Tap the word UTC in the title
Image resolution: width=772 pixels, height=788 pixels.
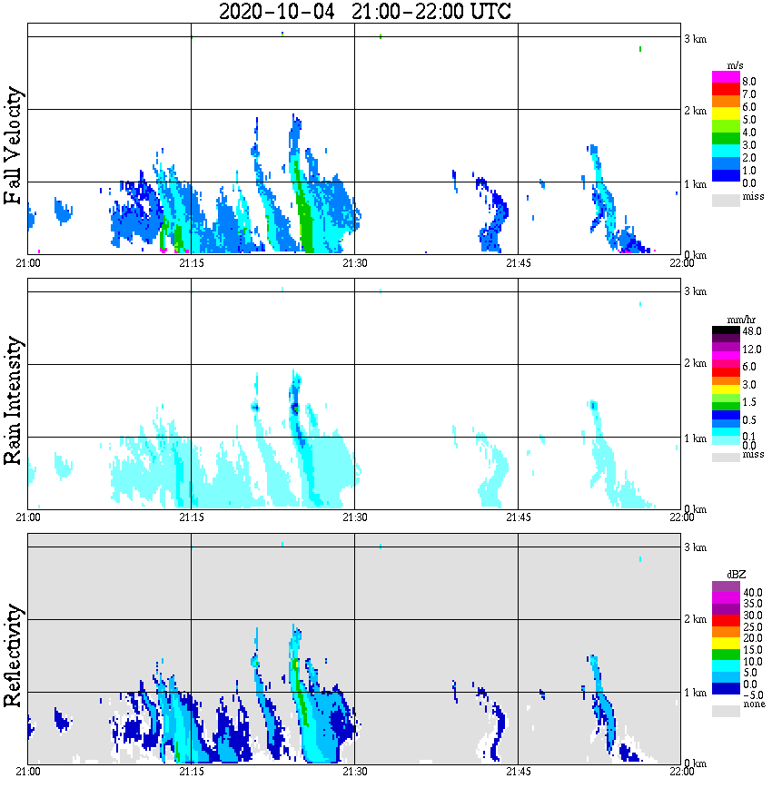pyautogui.click(x=481, y=12)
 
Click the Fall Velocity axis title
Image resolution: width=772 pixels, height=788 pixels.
pyautogui.click(x=14, y=145)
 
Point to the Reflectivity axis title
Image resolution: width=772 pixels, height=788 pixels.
pyautogui.click(x=14, y=655)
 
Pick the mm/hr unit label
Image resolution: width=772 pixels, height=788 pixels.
pyautogui.click(x=726, y=320)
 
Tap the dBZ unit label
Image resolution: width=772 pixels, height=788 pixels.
pyautogui.click(x=726, y=576)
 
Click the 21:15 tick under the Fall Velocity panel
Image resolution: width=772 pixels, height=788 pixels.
pyautogui.click(x=191, y=263)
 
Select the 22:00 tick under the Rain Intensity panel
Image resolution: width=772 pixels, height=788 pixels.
pyautogui.click(x=681, y=517)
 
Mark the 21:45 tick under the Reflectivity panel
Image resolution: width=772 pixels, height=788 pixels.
pyautogui.click(x=518, y=773)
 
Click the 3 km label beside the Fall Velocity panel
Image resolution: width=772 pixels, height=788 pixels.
pyautogui.click(x=695, y=38)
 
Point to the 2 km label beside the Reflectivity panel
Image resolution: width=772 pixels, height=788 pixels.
pyautogui.click(x=695, y=620)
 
